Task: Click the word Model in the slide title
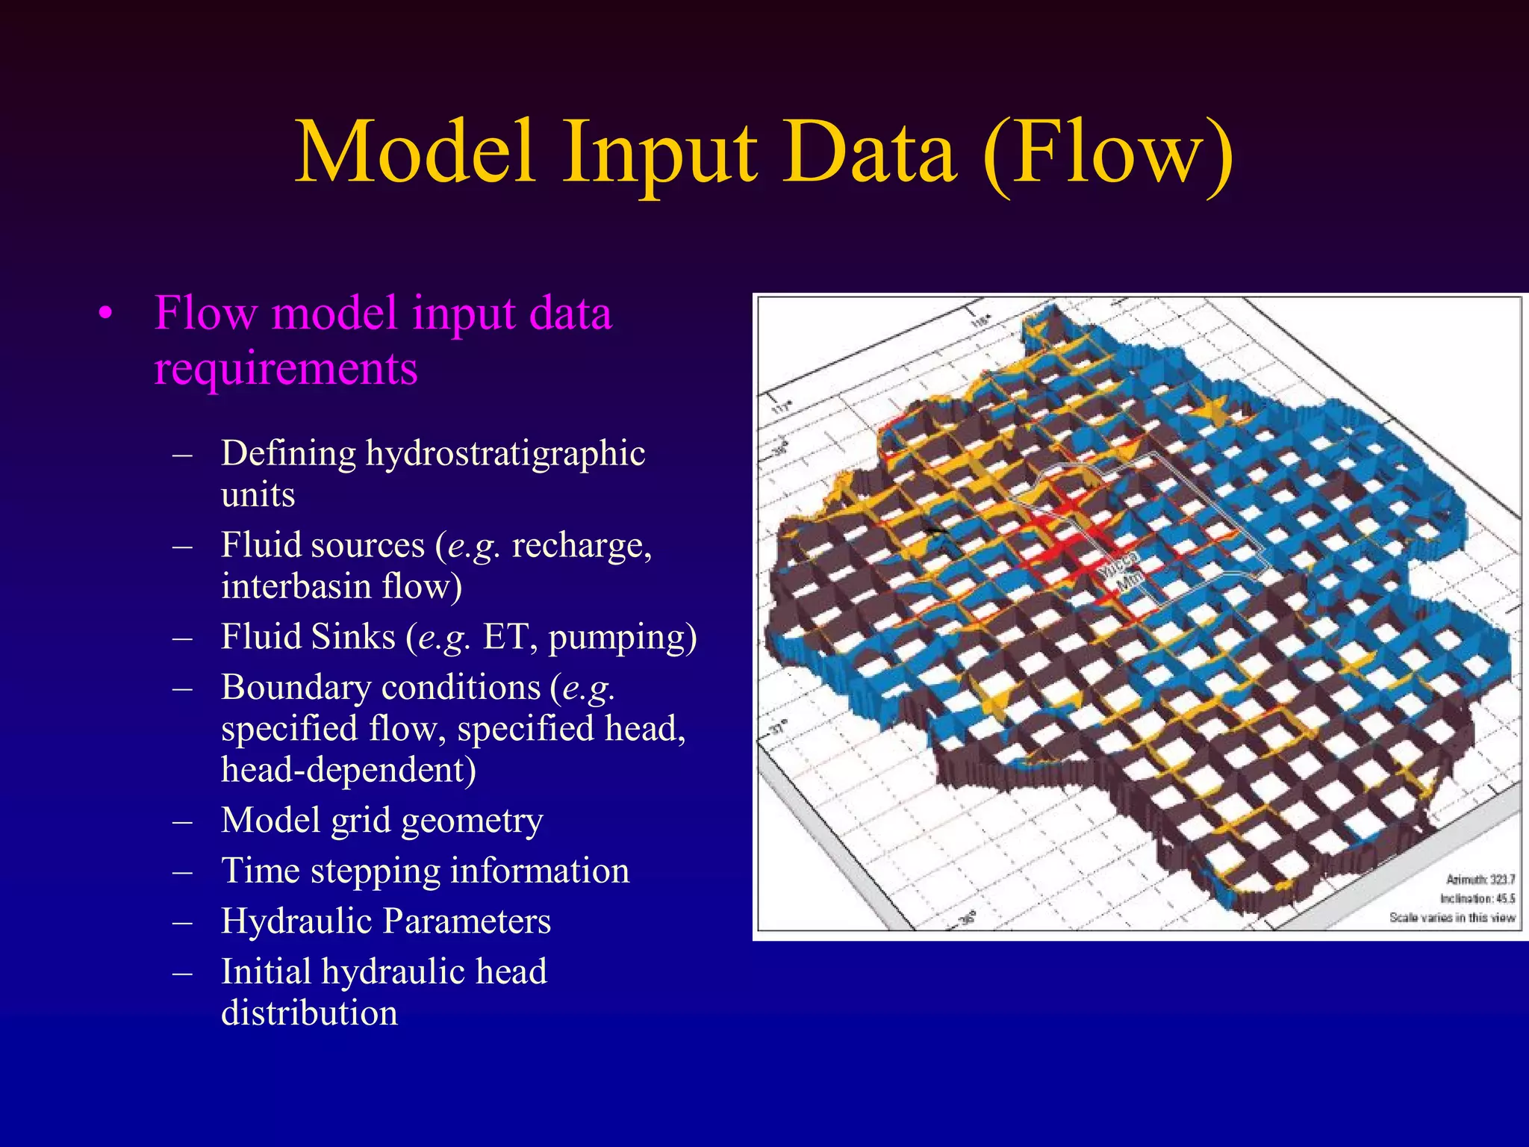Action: point(415,153)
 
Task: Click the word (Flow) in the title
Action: point(1108,153)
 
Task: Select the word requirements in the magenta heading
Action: point(285,369)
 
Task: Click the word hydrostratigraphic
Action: point(505,453)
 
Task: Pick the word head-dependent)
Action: point(348,770)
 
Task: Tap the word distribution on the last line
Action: point(309,1013)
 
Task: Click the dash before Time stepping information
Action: point(182,871)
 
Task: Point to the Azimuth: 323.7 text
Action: point(1480,880)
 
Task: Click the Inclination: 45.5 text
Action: point(1477,898)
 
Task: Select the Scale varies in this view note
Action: point(1451,918)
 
